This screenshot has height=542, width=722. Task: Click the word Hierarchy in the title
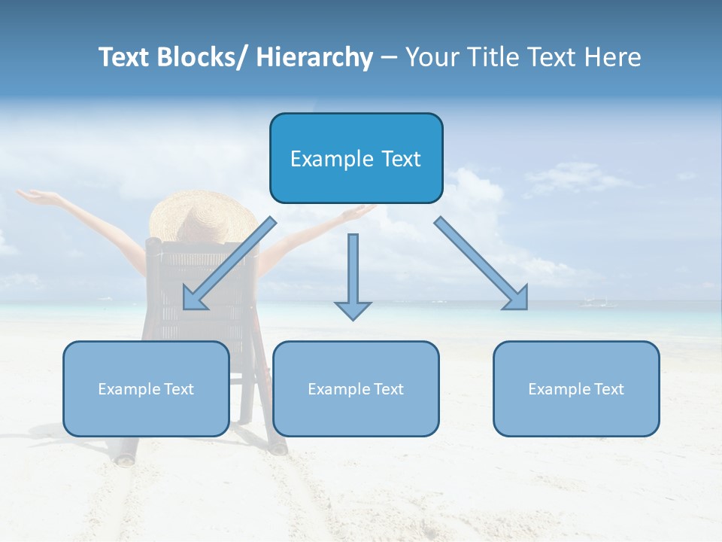(x=314, y=57)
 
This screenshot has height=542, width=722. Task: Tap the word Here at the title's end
(x=613, y=57)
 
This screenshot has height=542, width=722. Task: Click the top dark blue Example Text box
(x=356, y=158)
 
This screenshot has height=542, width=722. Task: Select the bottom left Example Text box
(x=146, y=388)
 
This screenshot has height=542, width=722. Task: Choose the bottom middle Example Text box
(x=356, y=388)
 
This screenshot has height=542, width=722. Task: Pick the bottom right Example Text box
(x=576, y=388)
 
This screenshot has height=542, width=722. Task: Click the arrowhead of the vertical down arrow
(x=353, y=310)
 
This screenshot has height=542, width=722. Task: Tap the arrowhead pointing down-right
(x=517, y=300)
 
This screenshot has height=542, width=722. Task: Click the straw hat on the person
(x=203, y=215)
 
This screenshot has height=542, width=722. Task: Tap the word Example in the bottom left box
(x=129, y=389)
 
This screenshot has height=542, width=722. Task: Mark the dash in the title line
(x=389, y=58)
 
